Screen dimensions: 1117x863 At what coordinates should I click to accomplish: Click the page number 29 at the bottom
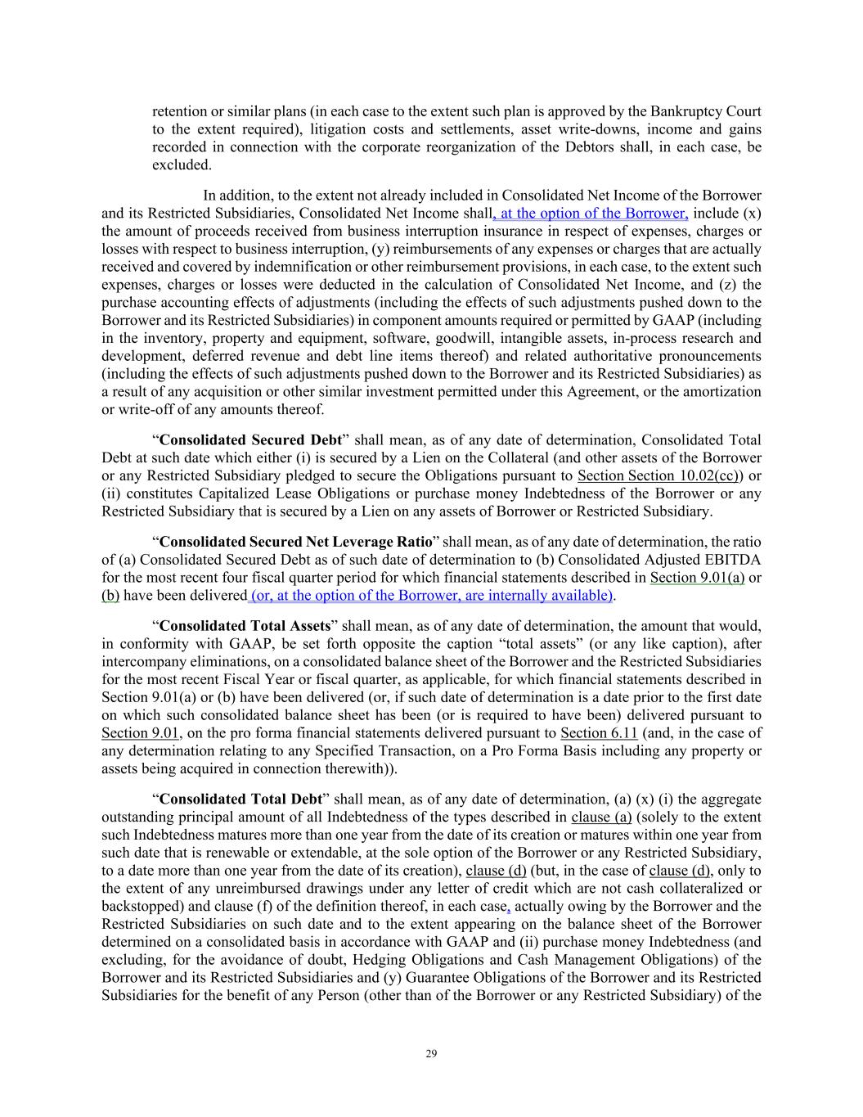[431, 1053]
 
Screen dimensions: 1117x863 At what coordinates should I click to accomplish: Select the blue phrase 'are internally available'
[534, 595]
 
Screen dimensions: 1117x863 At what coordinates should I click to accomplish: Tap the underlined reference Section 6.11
[599, 733]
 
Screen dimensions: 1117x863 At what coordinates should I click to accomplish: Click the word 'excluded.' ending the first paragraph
[182, 165]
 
